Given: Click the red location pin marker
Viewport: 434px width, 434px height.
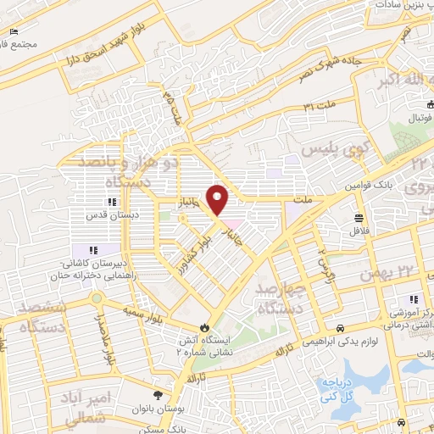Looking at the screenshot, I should pyautogui.click(x=219, y=199).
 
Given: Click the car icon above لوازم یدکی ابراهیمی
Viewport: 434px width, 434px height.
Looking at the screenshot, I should pyautogui.click(x=340, y=328).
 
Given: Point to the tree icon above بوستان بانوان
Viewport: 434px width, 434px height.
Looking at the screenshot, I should pyautogui.click(x=158, y=395).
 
